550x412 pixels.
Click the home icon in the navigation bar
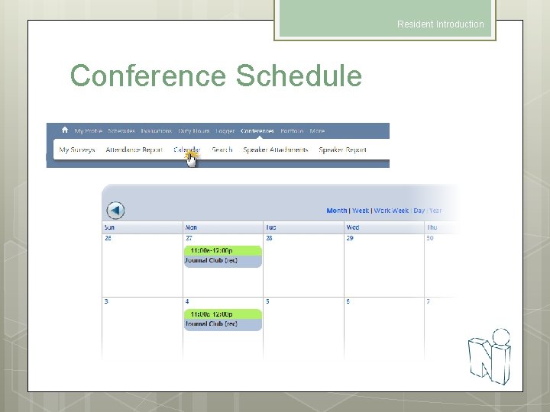pyautogui.click(x=65, y=130)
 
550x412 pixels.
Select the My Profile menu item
pyautogui.click(x=88, y=131)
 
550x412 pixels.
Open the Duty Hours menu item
pyautogui.click(x=193, y=131)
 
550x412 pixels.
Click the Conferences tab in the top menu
pyautogui.click(x=257, y=131)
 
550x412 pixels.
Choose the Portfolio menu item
pyautogui.click(x=292, y=131)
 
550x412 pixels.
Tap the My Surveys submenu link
pyautogui.click(x=77, y=150)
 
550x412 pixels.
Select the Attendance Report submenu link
pyautogui.click(x=134, y=150)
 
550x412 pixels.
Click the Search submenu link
pyautogui.click(x=222, y=150)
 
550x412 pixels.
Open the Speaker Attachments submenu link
pyautogui.click(x=276, y=150)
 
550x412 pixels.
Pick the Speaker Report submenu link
pyautogui.click(x=343, y=150)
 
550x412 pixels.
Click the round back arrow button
pyautogui.click(x=115, y=211)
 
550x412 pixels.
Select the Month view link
pyautogui.click(x=336, y=211)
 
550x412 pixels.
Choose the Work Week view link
pyautogui.click(x=391, y=211)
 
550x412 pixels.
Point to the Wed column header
pyautogui.click(x=353, y=227)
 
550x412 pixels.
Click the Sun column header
pyautogui.click(x=110, y=227)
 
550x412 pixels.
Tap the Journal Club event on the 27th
pyautogui.click(x=223, y=260)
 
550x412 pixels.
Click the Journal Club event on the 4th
pyautogui.click(x=223, y=323)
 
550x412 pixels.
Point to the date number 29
pyautogui.click(x=350, y=239)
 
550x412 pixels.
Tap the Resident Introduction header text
pyautogui.click(x=440, y=24)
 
